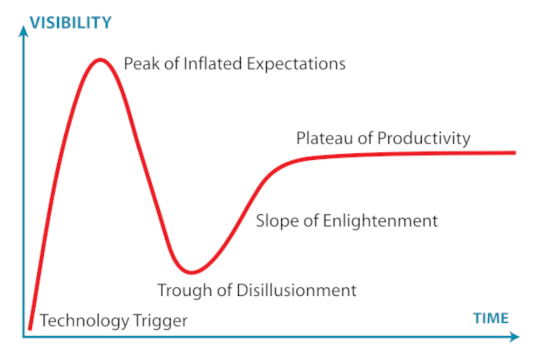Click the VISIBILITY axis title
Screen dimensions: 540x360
[x=71, y=23]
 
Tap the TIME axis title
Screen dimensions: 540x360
[x=491, y=318]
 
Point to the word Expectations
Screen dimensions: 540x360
[x=296, y=64]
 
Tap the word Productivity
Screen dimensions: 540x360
[x=424, y=139]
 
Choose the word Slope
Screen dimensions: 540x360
[x=277, y=221]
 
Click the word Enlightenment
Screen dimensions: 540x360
[x=381, y=221]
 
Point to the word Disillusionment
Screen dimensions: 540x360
[x=296, y=290]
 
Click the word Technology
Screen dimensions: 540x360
[x=84, y=321]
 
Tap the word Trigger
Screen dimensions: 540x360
[x=160, y=321]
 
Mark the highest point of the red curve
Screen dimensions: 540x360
[x=100, y=60]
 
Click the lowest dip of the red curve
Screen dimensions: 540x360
[x=192, y=273]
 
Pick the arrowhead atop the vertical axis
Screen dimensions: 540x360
[x=23, y=30]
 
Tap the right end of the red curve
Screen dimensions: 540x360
[x=516, y=152]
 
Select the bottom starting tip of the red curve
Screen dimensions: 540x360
[x=30, y=329]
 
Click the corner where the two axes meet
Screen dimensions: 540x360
[x=24, y=337]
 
